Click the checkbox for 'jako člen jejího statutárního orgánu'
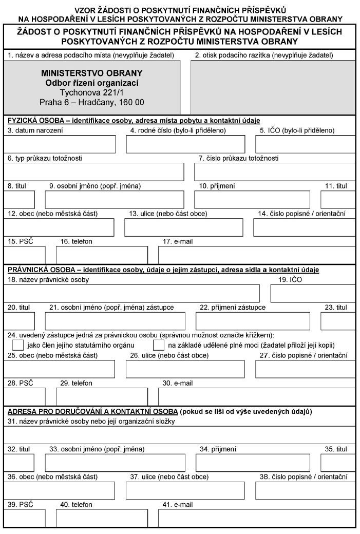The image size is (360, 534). [x=17, y=345]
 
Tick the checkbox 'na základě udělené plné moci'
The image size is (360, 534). [x=159, y=345]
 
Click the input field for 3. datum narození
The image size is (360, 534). [x=60, y=144]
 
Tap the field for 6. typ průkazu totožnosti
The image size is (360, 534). [x=93, y=172]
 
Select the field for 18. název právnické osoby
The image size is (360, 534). [x=131, y=293]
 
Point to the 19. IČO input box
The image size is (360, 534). [x=312, y=293]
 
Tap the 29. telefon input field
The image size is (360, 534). [x=102, y=396]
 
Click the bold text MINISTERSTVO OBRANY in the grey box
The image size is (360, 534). [x=92, y=73]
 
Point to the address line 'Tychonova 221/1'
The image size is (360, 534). [x=92, y=92]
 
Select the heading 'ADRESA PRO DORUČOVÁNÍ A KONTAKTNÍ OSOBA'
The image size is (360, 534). [x=90, y=411]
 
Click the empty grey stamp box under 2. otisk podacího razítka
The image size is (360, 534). [x=272, y=87]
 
